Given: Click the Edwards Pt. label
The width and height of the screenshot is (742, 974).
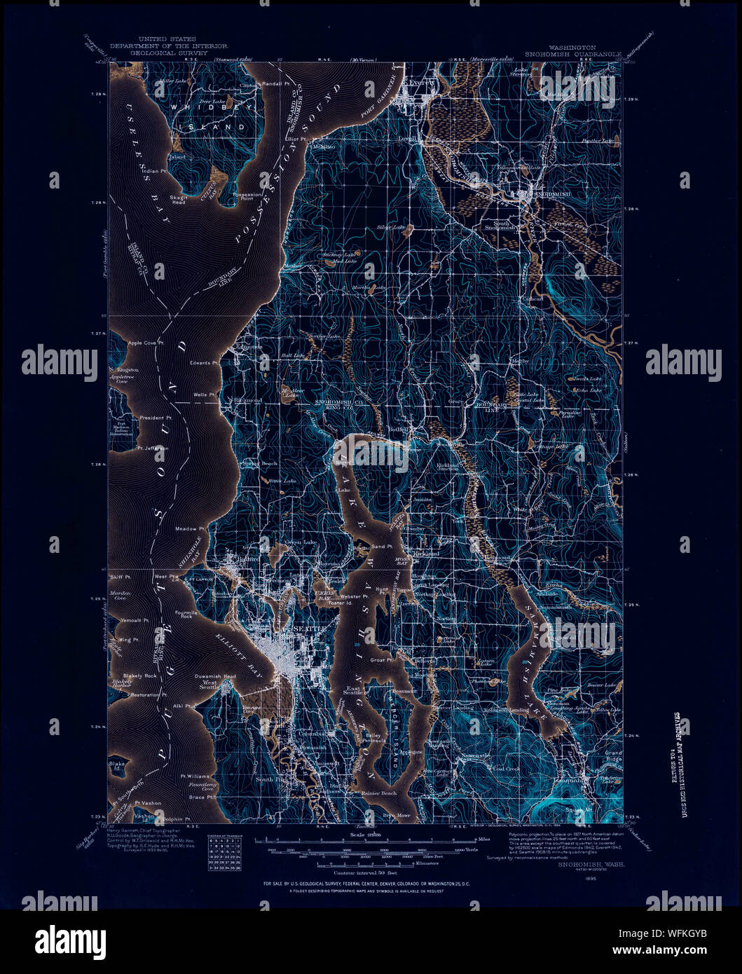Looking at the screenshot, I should (205, 363).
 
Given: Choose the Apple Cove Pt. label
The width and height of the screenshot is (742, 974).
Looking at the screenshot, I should (146, 343).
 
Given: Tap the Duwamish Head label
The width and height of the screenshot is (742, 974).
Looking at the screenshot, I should (215, 676).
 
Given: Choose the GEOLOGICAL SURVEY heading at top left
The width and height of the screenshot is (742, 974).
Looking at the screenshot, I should (167, 53).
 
